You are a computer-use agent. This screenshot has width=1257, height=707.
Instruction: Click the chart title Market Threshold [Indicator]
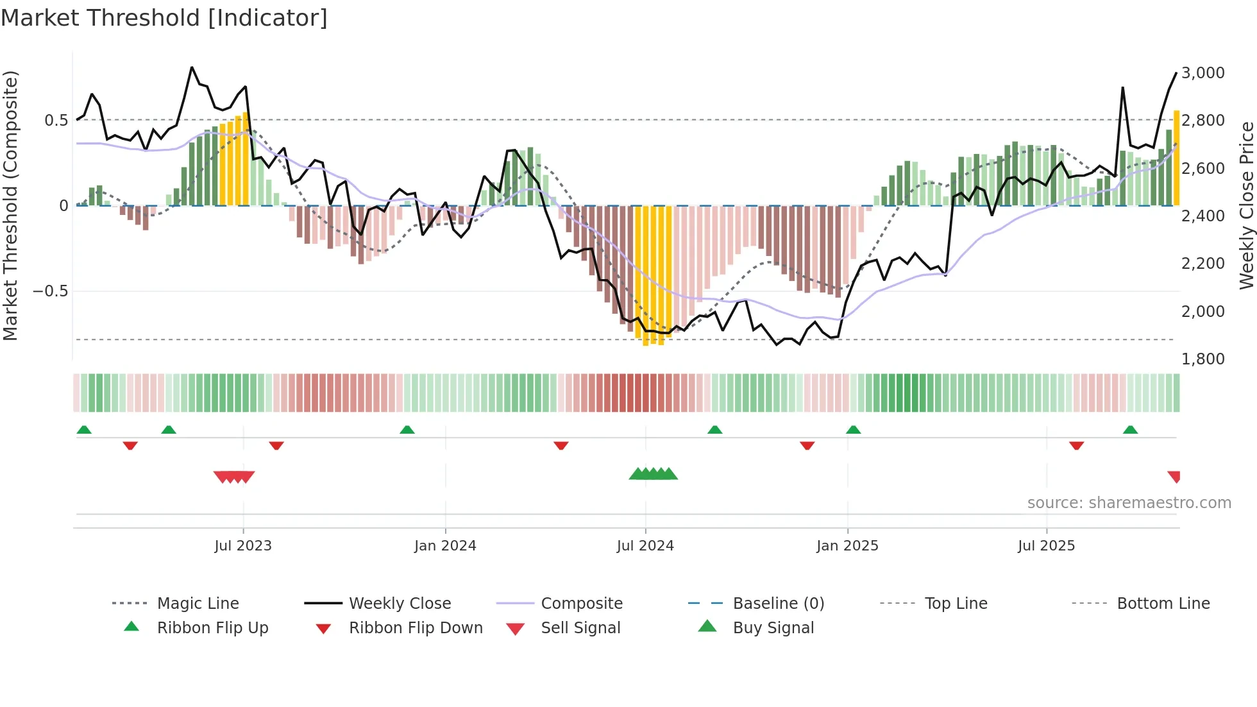164,18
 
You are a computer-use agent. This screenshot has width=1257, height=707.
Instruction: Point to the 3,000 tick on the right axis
1202,73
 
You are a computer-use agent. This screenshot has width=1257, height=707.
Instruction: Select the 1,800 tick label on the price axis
1202,359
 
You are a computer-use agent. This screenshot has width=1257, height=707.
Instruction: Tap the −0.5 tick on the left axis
50,291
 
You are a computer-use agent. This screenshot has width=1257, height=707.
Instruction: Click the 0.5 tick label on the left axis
56,121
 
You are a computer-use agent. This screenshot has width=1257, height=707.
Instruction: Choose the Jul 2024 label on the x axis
645,546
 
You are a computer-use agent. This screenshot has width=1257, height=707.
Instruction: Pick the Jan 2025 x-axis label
847,546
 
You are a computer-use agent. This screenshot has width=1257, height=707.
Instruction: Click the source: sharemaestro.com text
1129,503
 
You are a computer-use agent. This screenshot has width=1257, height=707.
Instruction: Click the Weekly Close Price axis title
1246,205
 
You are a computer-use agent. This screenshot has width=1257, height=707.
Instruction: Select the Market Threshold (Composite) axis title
10,205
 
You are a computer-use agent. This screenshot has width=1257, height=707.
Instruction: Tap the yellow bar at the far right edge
1176,158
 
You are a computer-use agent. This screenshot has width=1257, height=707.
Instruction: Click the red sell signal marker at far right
1174,476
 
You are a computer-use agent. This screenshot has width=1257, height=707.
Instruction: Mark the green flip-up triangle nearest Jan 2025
853,430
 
